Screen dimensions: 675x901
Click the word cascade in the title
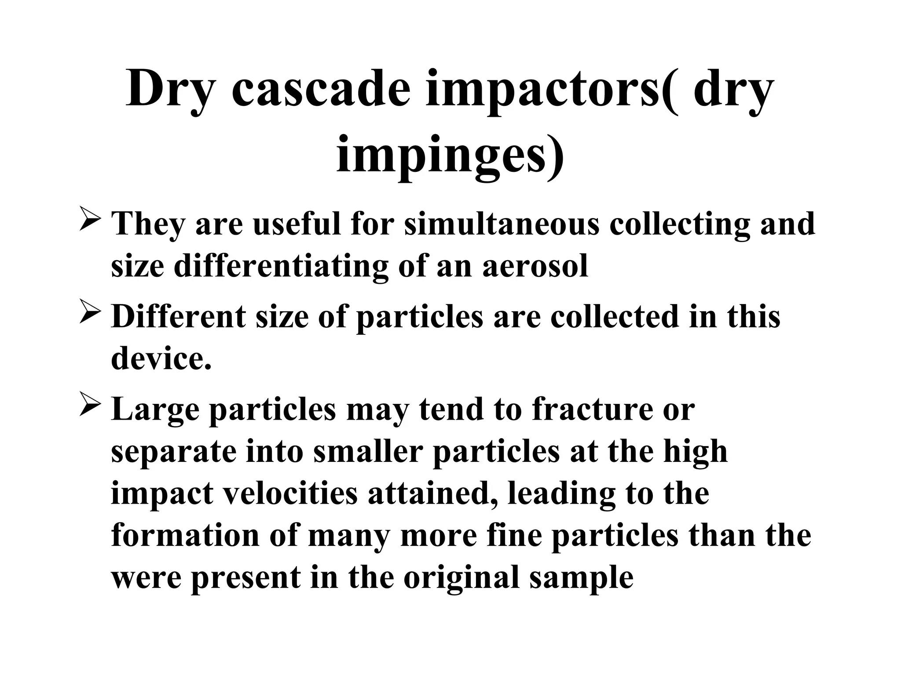[x=321, y=90]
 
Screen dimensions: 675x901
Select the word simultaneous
[x=502, y=224]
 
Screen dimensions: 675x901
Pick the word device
[x=161, y=358]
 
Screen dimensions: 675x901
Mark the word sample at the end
[x=581, y=577]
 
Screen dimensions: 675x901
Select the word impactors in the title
[x=550, y=90]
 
